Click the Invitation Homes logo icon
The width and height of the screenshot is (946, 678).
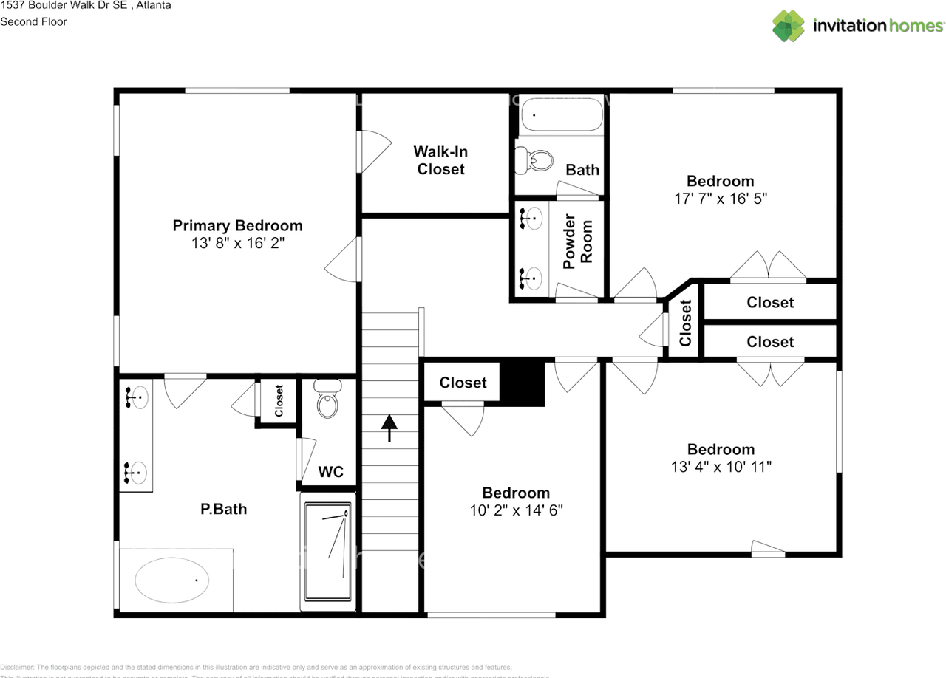point(789,26)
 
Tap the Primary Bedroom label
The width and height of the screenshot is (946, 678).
point(237,225)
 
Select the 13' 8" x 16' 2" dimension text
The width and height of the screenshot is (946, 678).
point(237,243)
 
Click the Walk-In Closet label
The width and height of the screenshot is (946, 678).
point(440,160)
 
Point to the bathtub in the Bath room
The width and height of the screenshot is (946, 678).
point(561,114)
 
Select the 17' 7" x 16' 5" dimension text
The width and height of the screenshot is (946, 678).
point(720,199)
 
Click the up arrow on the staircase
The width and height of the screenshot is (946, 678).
point(389,427)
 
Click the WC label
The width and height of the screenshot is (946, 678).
point(330,472)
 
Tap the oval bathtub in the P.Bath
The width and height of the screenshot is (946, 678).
point(172,580)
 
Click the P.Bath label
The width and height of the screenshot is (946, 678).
point(223,509)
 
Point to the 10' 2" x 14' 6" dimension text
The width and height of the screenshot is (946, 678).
point(516,510)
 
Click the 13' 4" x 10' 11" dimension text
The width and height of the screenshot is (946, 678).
point(721,467)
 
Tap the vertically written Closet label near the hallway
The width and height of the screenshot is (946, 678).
point(685,323)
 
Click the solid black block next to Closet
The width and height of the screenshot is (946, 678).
point(523,383)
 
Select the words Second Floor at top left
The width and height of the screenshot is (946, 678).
point(33,21)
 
